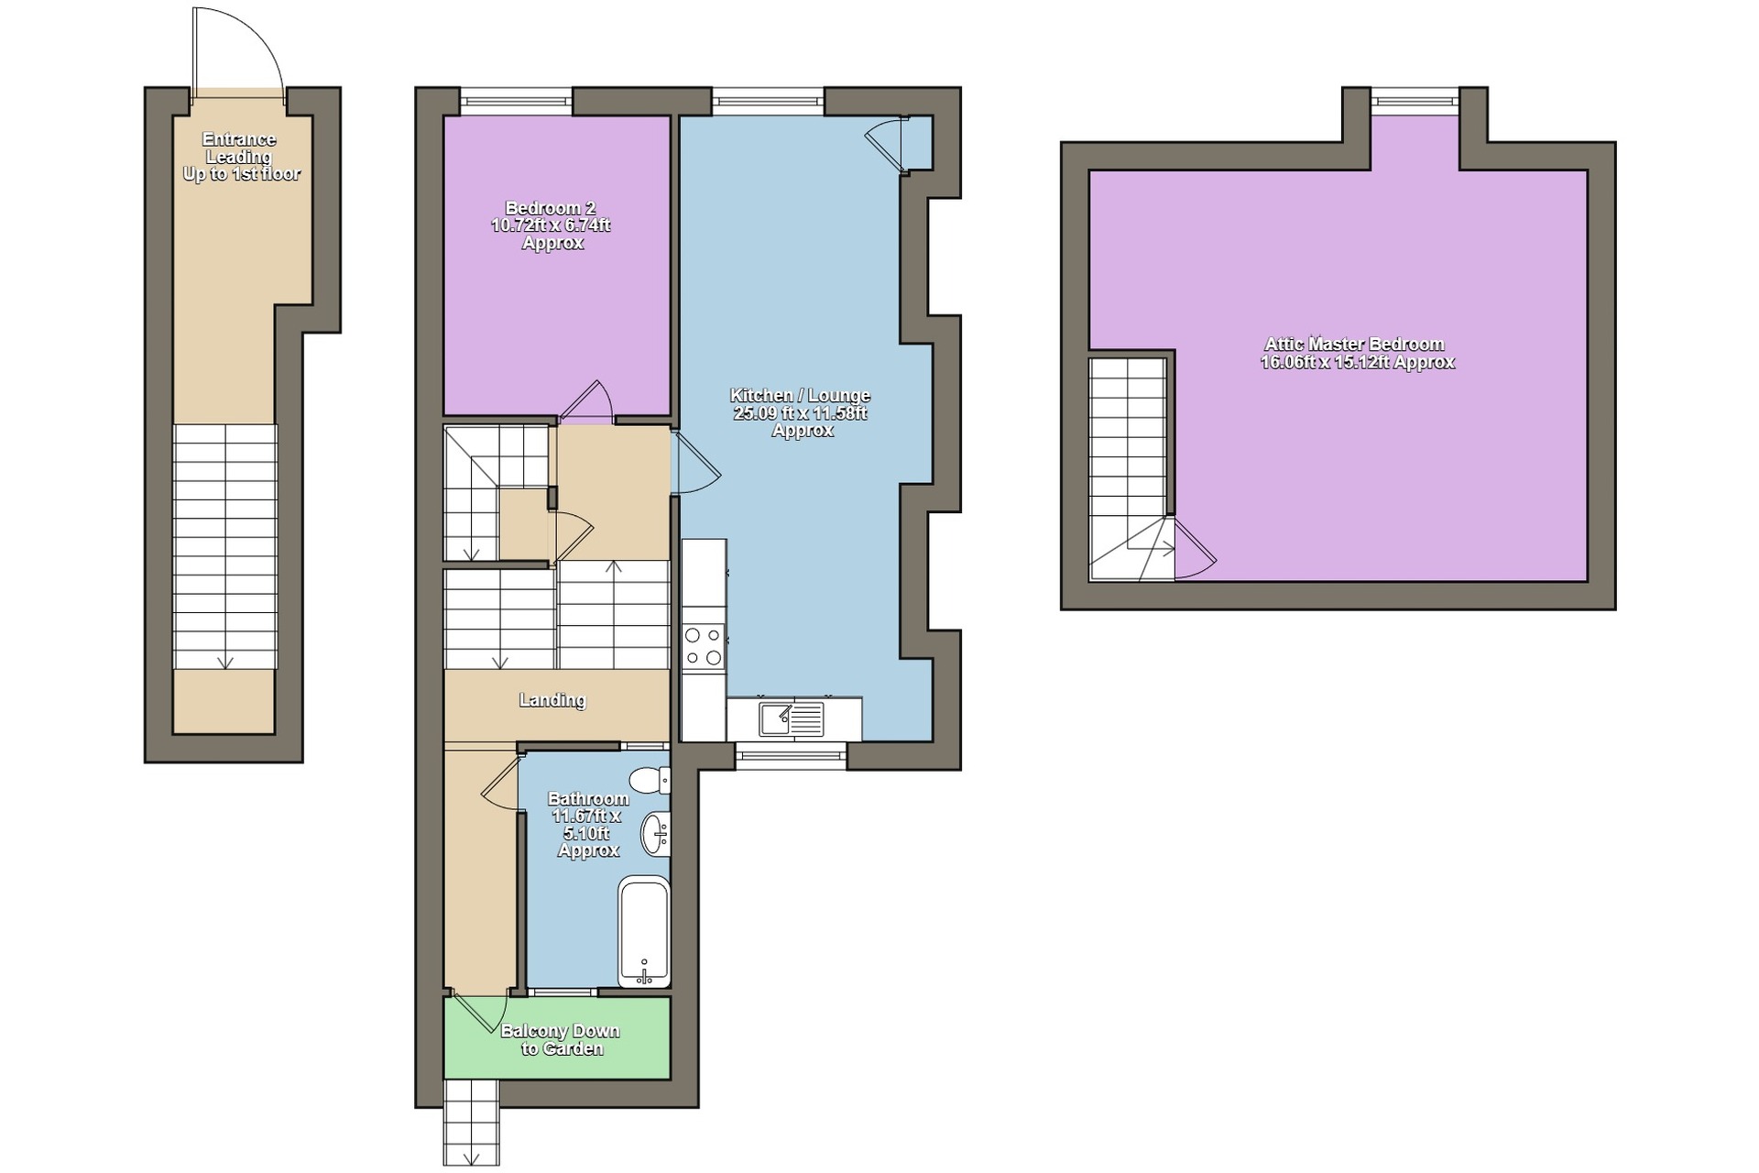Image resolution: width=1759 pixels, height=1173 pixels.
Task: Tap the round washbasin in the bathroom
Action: tap(656, 834)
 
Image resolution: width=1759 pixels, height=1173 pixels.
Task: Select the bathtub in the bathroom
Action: tap(644, 931)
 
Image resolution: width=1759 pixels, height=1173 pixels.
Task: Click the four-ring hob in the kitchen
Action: tap(704, 645)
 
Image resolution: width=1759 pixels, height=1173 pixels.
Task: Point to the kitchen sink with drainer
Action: tap(792, 718)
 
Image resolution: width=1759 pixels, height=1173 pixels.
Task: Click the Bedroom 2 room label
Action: tap(552, 225)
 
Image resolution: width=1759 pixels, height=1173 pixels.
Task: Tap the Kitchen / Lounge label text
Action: tap(800, 412)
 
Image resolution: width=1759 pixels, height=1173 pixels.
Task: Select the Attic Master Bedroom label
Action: tap(1357, 353)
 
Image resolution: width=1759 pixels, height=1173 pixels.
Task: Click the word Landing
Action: tap(552, 700)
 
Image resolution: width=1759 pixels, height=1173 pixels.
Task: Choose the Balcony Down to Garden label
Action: tap(560, 1039)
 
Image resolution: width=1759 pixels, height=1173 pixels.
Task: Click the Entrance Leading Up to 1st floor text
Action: tap(240, 157)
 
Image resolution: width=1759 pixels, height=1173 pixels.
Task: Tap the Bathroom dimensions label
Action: tap(588, 825)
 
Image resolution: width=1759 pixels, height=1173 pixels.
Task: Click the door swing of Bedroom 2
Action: tap(586, 401)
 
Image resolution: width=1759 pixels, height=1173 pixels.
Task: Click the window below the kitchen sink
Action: tap(791, 755)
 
